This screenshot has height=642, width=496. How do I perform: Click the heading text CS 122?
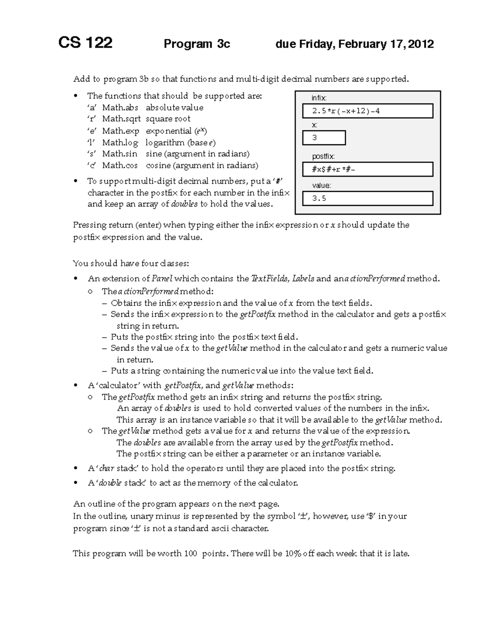pyautogui.click(x=85, y=43)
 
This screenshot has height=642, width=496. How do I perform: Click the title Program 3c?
pyautogui.click(x=197, y=44)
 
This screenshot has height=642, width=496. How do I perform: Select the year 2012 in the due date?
pyautogui.click(x=421, y=44)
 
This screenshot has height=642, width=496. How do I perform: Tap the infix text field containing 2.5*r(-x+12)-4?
pyautogui.click(x=367, y=111)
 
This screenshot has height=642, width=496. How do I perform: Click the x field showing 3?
pyautogui.click(x=324, y=138)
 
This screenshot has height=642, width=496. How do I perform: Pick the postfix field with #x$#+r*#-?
pyautogui.click(x=367, y=169)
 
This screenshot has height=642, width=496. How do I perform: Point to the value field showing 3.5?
pyautogui.click(x=367, y=198)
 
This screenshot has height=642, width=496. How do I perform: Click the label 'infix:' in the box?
pyautogui.click(x=319, y=98)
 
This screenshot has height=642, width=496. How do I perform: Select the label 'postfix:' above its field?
pyautogui.click(x=323, y=156)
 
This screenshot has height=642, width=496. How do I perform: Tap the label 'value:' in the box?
pyautogui.click(x=322, y=186)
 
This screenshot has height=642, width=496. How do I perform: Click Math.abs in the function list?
pyautogui.click(x=120, y=107)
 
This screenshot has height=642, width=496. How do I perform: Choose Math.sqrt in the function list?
pyautogui.click(x=122, y=119)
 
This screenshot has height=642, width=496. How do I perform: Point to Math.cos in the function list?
pyautogui.click(x=120, y=165)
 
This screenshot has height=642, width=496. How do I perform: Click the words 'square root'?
pyautogui.click(x=168, y=119)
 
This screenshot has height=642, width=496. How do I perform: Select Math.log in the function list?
pyautogui.click(x=120, y=143)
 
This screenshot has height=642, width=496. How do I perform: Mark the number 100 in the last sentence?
pyautogui.click(x=190, y=554)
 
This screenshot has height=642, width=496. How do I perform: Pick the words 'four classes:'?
pyautogui.click(x=165, y=263)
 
